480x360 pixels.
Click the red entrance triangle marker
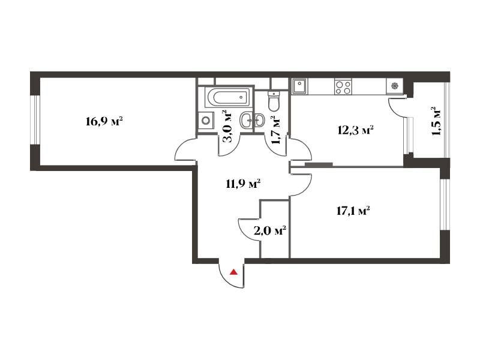pos(234,272)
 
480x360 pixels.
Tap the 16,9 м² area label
pos(104,122)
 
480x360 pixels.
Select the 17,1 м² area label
pos(353,211)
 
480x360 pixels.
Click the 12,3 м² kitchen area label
pos(355,130)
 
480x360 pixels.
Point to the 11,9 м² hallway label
pos(244,184)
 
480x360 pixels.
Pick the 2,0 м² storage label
pos(270,230)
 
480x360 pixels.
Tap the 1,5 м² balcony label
pos(437,121)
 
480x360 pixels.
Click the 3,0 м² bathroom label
pos(228,127)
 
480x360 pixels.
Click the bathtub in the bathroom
pos(229,97)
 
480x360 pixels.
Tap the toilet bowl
pos(274,101)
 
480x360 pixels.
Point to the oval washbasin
pos(252,120)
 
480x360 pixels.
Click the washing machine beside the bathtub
pos(205,121)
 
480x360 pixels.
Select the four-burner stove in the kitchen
pos(343,86)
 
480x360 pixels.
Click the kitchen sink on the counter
pos(299,86)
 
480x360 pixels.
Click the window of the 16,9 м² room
pos(35,119)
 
